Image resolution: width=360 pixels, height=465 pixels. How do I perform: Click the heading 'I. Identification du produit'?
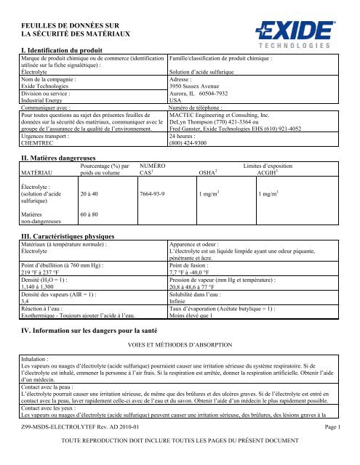tap(70, 48)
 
